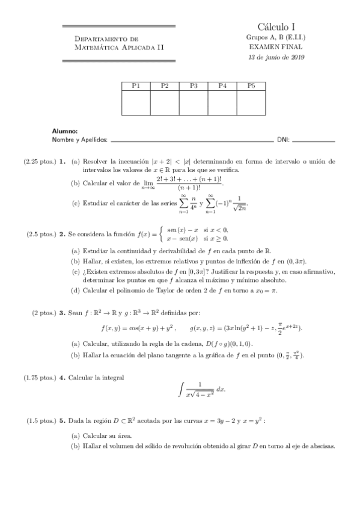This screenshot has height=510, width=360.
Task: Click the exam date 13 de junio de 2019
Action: coord(276,57)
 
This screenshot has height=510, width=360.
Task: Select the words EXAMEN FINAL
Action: coord(276,46)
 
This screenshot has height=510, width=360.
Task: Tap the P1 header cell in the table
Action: coord(136,86)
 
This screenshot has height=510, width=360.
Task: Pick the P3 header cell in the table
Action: coord(194,86)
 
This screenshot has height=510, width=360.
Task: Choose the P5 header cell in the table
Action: coord(251,86)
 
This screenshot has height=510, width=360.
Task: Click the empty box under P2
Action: coord(165,103)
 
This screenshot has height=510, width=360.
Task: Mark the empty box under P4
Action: coord(222,103)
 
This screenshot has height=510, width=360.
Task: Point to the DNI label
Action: coord(283,140)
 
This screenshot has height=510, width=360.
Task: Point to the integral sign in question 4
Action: coord(181,391)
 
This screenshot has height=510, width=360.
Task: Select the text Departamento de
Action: coord(102,38)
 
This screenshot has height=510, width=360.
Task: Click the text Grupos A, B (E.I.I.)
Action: coord(276,37)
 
